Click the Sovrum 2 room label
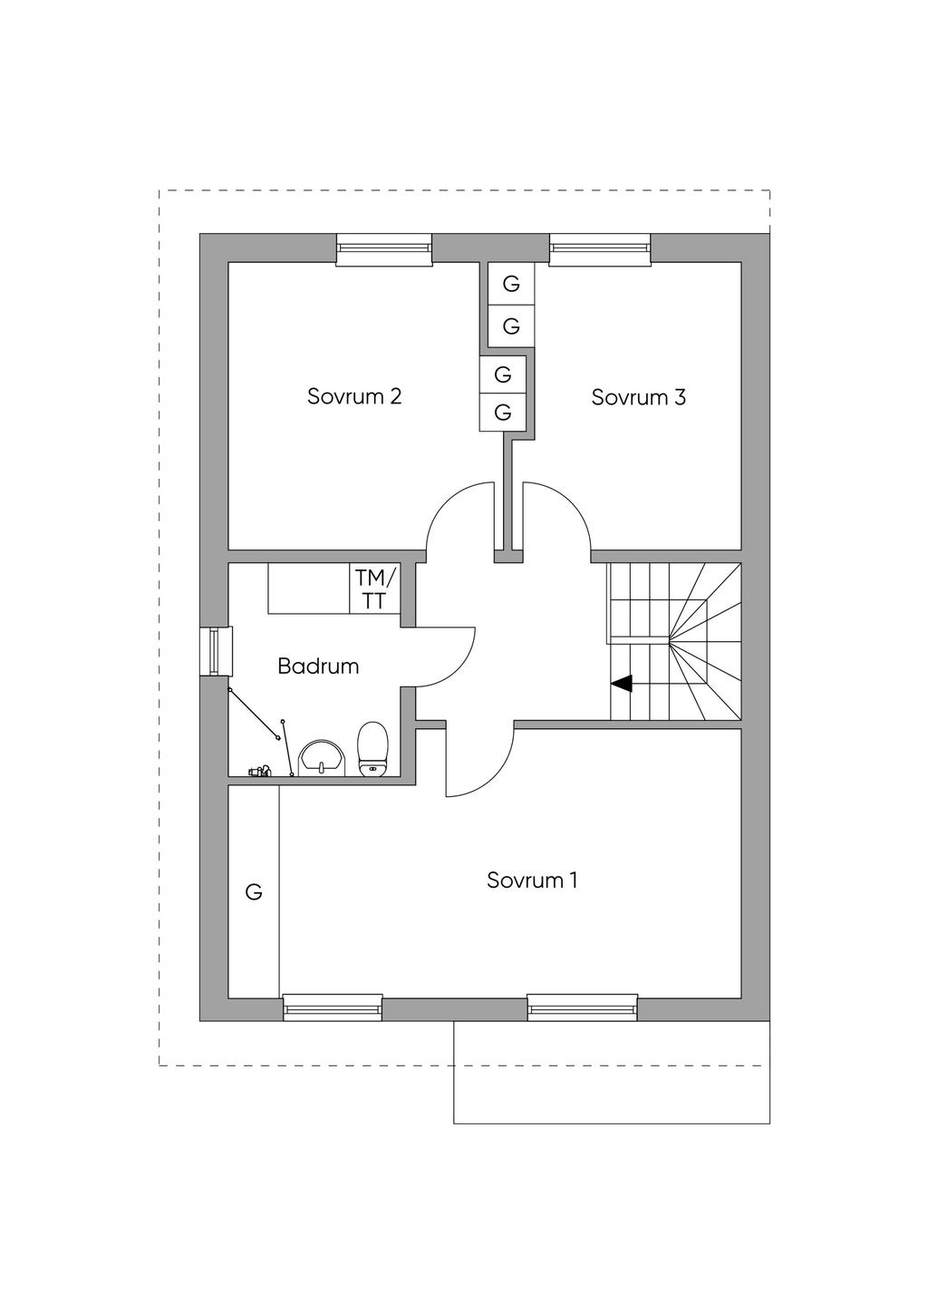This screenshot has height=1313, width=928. pos(353,396)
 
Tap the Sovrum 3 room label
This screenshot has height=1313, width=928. pos(638,396)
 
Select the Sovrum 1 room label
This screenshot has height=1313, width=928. pos(531,880)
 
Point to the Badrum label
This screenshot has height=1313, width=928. pos(318,666)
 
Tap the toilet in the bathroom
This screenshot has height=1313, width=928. pos(372,749)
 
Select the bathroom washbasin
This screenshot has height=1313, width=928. pos(322,758)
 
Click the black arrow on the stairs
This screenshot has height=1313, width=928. pos(622,684)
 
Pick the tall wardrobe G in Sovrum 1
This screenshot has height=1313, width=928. pos(254,892)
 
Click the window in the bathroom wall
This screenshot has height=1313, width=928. pos(216,650)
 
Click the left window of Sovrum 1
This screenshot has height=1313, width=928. pos(333,1007)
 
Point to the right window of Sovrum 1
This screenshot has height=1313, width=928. pos(583,1007)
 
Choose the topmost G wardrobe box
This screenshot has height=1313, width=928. pos(511,284)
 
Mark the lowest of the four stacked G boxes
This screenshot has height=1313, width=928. pos(503,413)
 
